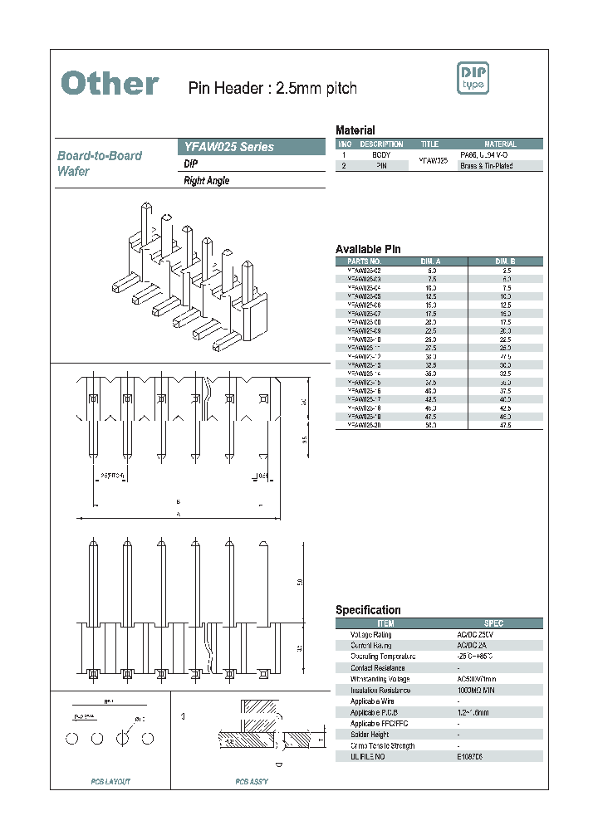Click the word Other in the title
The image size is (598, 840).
pos(110,84)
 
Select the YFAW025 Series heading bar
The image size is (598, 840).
pos(252,147)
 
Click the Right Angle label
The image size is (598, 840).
pos(206,181)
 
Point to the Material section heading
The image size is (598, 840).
pos(355,130)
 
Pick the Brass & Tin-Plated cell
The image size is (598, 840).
pos(486,166)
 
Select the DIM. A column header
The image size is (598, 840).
pos(432,261)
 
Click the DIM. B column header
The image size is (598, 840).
pos(506,261)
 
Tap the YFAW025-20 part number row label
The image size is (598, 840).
pos(365,425)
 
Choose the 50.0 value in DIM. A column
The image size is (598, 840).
pos(432,425)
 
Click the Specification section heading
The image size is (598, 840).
pos(368,610)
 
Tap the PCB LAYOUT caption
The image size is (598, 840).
pos(110,782)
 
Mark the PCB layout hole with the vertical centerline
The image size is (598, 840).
pos(124,737)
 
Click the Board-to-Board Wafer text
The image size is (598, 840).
pos(99,164)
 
